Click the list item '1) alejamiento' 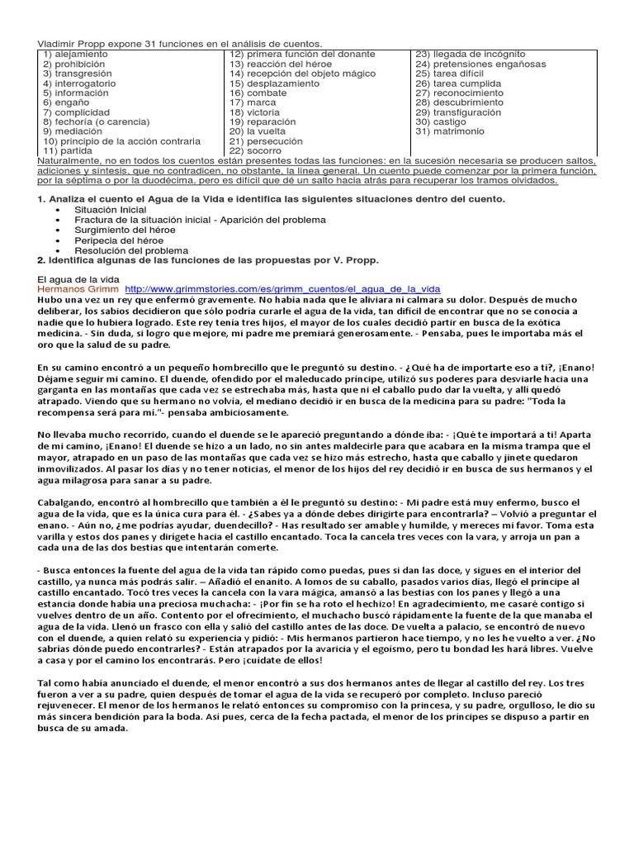pyautogui.click(x=75, y=54)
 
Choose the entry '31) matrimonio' pyautogui.click(x=450, y=131)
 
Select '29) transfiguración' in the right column pyautogui.click(x=458, y=112)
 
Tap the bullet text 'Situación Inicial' pyautogui.click(x=110, y=210)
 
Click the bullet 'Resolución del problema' pyautogui.click(x=130, y=250)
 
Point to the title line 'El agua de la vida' pyautogui.click(x=79, y=278)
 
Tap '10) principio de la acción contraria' pyautogui.click(x=121, y=141)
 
